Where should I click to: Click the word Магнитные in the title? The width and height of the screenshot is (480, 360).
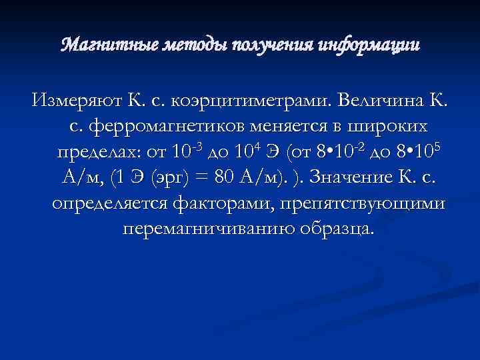pos(97,45)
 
